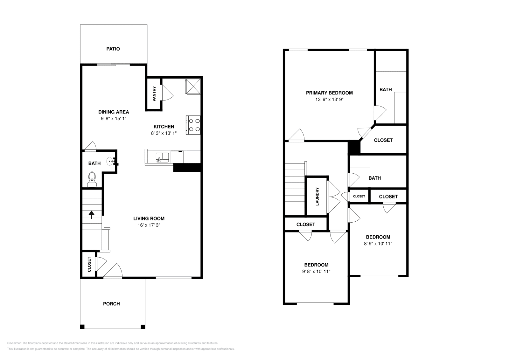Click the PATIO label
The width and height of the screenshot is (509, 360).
click(x=113, y=49)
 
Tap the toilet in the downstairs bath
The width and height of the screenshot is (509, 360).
click(x=92, y=179)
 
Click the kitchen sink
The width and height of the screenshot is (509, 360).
click(x=162, y=157)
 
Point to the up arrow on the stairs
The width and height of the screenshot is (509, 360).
click(x=92, y=215)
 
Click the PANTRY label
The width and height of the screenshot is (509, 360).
click(x=154, y=94)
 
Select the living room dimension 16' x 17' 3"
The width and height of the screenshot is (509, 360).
click(x=149, y=225)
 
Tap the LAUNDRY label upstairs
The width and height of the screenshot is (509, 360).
click(x=317, y=196)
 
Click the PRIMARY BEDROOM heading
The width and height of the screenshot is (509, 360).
click(x=329, y=93)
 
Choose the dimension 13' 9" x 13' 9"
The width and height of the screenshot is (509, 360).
click(x=329, y=100)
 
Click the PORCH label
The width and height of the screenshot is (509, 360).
click(x=111, y=304)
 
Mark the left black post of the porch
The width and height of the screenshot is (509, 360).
click(x=82, y=327)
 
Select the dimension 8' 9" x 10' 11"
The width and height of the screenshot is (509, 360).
click(x=378, y=244)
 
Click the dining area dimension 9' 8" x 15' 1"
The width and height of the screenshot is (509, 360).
click(x=114, y=118)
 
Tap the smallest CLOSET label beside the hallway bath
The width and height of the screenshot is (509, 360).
click(x=359, y=196)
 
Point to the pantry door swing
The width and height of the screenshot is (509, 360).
click(x=167, y=93)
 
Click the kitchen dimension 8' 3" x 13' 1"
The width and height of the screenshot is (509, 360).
click(x=164, y=133)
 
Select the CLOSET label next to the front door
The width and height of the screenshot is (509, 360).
click(x=89, y=264)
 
